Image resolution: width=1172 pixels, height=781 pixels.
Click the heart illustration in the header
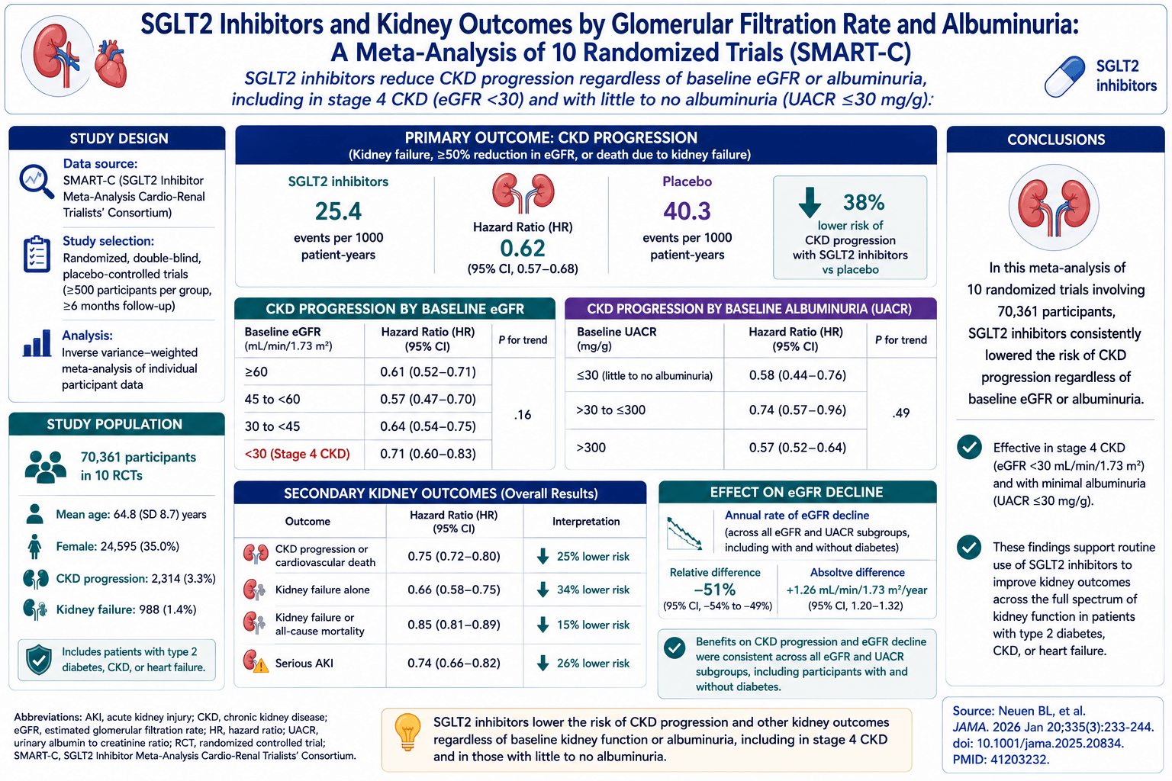[111, 63]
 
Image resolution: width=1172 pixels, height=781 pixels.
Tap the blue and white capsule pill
[1064, 77]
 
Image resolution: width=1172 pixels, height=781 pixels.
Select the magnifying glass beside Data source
[37, 182]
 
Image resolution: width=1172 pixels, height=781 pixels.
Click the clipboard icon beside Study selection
[37, 254]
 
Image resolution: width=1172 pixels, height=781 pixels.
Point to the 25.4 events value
[338, 211]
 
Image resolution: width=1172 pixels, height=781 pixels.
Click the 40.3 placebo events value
[687, 211]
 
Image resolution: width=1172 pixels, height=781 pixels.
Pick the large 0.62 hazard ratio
[523, 249]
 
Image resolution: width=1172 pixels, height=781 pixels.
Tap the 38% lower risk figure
[863, 202]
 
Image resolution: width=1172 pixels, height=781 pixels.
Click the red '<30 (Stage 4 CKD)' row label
[297, 454]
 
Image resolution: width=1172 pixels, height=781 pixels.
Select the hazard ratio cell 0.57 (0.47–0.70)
[428, 399]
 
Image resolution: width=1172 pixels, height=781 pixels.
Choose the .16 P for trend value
[522, 415]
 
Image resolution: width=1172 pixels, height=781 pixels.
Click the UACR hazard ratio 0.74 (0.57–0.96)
[797, 410]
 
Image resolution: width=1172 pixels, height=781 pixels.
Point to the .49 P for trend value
[900, 413]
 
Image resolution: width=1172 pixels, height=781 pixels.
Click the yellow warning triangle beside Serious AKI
[260, 665]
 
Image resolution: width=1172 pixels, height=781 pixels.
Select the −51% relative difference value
[715, 590]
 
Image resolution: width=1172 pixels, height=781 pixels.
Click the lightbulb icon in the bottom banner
[407, 732]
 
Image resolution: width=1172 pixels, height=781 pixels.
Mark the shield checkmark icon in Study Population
[39, 660]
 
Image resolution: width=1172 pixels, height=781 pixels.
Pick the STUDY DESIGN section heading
[119, 139]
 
